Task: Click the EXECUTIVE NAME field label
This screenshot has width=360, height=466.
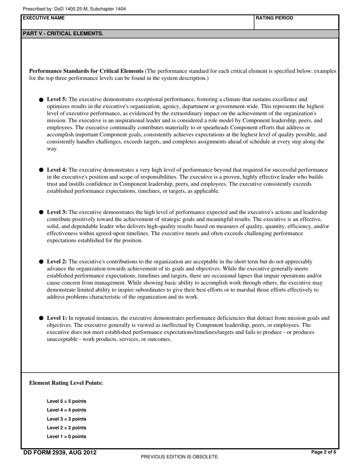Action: tap(44, 18)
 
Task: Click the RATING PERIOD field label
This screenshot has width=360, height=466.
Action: tap(274, 18)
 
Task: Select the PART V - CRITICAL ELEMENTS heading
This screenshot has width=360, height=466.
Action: tap(63, 34)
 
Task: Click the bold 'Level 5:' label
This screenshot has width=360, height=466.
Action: tap(57, 99)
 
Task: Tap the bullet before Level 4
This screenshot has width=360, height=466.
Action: tap(41, 170)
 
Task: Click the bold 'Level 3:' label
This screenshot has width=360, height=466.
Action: tap(57, 212)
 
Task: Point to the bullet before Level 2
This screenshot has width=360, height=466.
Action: tap(41, 262)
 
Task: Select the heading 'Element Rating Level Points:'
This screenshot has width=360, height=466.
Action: tap(66, 383)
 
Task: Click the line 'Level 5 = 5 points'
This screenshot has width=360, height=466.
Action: tap(67, 401)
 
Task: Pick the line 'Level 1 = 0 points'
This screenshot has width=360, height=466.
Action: tap(67, 436)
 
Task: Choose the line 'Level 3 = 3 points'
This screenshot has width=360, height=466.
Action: tap(67, 419)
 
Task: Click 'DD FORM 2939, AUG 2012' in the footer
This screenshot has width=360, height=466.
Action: tap(60, 452)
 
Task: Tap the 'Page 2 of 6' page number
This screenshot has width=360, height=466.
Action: tap(323, 452)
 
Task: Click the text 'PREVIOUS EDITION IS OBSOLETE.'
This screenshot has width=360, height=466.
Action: tap(180, 457)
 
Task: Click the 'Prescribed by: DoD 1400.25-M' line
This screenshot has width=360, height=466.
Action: tap(74, 9)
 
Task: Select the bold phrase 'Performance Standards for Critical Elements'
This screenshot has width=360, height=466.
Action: tap(86, 71)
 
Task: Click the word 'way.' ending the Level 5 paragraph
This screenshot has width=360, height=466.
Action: tap(52, 149)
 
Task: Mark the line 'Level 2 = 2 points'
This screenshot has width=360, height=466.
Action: tap(67, 428)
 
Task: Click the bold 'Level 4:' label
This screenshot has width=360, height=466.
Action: tap(57, 170)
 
